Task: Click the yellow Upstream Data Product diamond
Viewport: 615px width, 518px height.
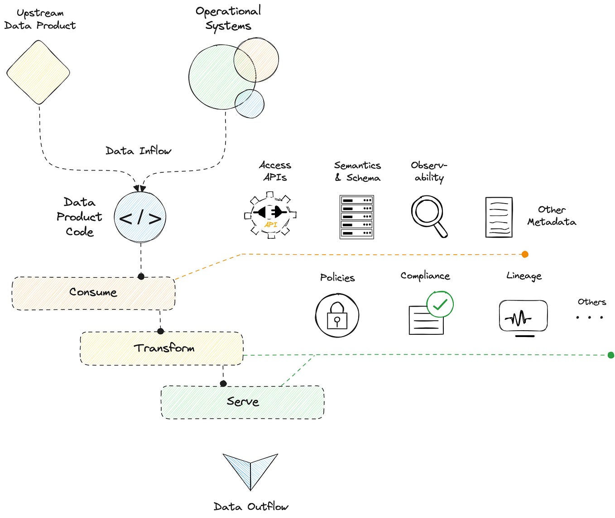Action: click(x=38, y=72)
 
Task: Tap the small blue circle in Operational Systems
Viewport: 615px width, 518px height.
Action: click(x=250, y=104)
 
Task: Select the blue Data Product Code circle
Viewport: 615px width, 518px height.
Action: click(x=140, y=218)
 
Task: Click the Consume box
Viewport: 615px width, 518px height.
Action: click(x=93, y=293)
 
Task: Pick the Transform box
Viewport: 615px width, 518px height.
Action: click(x=162, y=348)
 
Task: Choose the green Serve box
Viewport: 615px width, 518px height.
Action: click(x=243, y=402)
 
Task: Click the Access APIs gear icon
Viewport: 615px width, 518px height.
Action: click(x=270, y=215)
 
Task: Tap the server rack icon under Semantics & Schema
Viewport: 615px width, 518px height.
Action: click(x=357, y=217)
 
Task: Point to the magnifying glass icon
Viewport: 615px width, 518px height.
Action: click(x=428, y=215)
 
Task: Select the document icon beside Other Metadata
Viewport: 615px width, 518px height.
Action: click(x=499, y=218)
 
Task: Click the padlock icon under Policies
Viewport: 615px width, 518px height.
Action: click(x=337, y=316)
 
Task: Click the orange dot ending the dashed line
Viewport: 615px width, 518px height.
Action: click(x=525, y=254)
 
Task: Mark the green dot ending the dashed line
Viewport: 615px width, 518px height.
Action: click(x=610, y=355)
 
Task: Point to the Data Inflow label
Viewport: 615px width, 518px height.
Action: click(x=139, y=151)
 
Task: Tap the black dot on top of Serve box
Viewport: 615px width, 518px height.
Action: click(x=223, y=384)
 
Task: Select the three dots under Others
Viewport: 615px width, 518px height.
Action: click(x=589, y=317)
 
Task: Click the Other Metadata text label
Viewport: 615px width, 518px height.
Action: click(x=552, y=216)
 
